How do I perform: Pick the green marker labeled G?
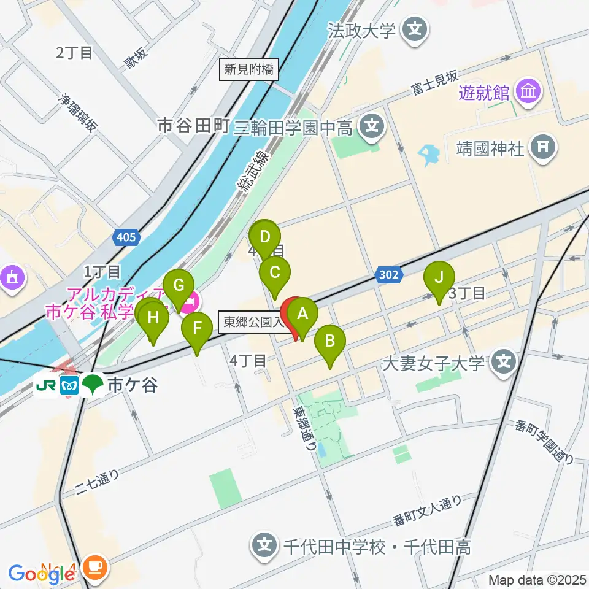(x=179, y=286)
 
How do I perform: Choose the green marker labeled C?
(x=275, y=272)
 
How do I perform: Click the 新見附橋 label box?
(x=249, y=69)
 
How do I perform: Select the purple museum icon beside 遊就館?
(x=528, y=93)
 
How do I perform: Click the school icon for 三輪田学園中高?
(x=371, y=127)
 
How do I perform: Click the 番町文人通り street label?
(x=427, y=511)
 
